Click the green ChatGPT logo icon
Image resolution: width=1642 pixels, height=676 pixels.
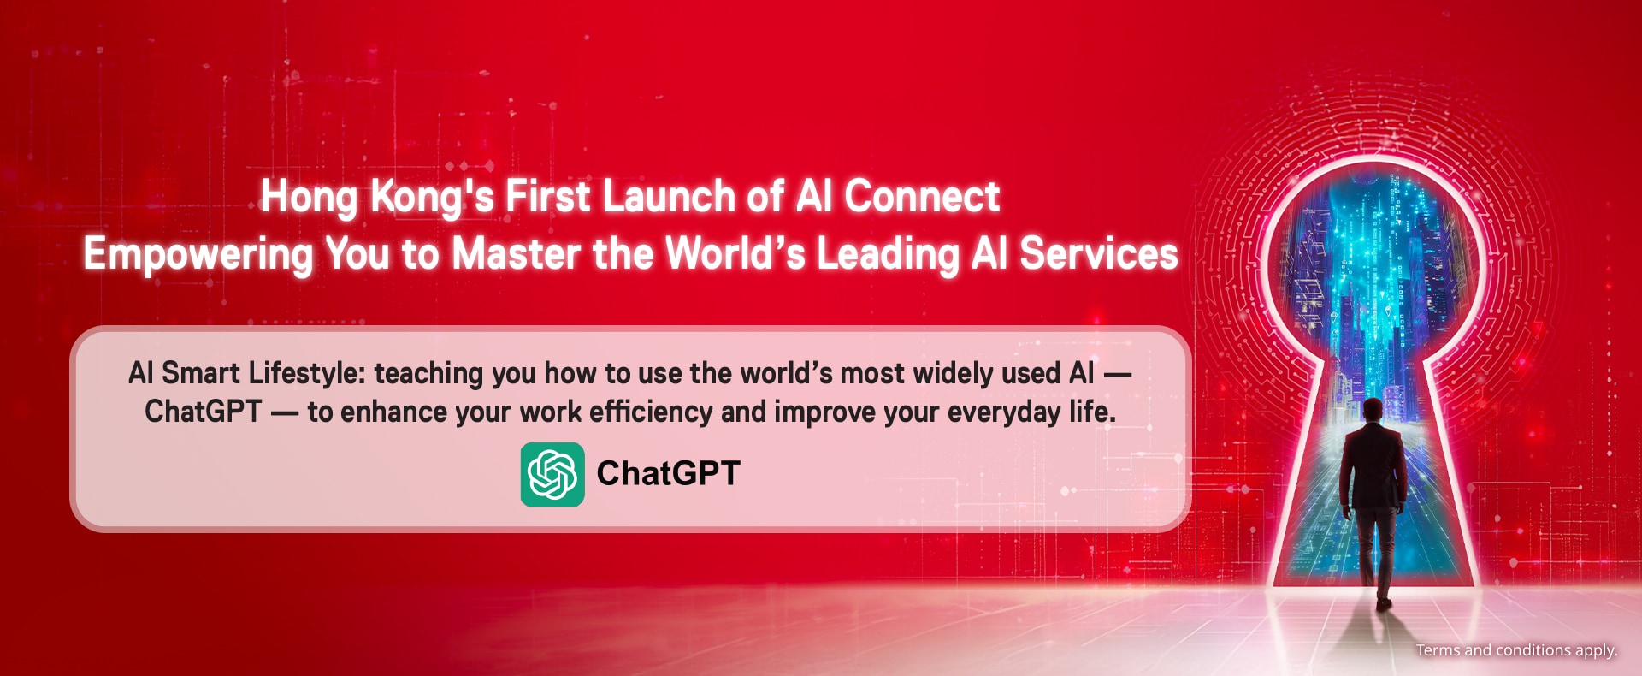click(x=552, y=474)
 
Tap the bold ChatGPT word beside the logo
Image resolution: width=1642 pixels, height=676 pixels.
click(x=668, y=473)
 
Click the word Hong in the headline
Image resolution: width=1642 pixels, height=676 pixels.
click(x=310, y=198)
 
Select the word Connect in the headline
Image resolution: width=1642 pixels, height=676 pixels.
click(x=922, y=197)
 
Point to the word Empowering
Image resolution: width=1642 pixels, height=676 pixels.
click(x=198, y=255)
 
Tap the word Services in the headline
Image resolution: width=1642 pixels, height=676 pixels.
click(x=1099, y=254)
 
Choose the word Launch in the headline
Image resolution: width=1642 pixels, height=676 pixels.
click(x=669, y=197)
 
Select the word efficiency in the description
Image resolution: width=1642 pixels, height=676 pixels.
click(x=651, y=412)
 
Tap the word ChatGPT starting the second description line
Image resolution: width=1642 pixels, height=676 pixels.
click(x=203, y=412)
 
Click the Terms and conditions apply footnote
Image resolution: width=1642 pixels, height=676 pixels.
click(x=1516, y=650)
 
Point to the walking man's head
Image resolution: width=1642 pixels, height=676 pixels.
click(x=1373, y=411)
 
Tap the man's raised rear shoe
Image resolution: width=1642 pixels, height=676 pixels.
click(x=1384, y=603)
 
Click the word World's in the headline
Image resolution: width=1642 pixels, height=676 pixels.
click(x=735, y=254)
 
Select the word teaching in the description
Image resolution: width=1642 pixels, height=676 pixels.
click(x=429, y=374)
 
